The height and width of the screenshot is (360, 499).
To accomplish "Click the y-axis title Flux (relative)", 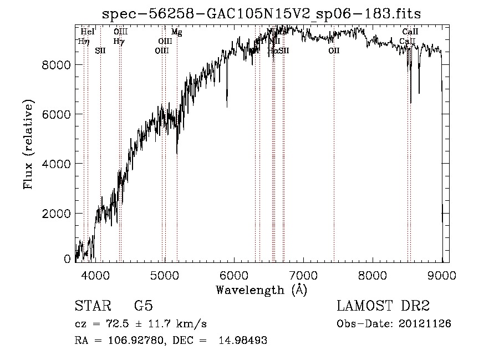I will pyautogui.click(x=28, y=144).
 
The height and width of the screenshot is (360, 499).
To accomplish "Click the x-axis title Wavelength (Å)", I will pyautogui.click(x=261, y=290).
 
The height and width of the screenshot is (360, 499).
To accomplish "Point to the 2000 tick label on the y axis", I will pyautogui.click(x=57, y=214).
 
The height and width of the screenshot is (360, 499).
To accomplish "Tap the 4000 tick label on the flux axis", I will pyautogui.click(x=57, y=164).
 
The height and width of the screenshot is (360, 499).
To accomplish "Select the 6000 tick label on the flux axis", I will pyautogui.click(x=57, y=114).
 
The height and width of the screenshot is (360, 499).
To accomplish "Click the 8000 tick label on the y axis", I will pyautogui.click(x=57, y=65).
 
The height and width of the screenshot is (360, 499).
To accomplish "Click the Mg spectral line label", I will pyautogui.click(x=176, y=32).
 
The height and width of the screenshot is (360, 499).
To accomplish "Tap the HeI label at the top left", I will pyautogui.click(x=87, y=32).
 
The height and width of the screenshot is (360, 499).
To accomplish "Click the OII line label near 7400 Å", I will pyautogui.click(x=334, y=51).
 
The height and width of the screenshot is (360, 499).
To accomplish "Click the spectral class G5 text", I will pyautogui.click(x=143, y=306).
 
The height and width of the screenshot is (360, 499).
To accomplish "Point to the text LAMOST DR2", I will pyautogui.click(x=383, y=306).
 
